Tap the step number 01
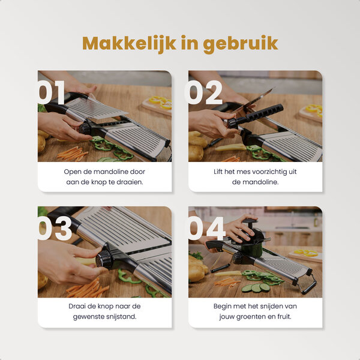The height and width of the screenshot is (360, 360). (52, 93)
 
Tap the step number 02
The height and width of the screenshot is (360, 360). (203, 93)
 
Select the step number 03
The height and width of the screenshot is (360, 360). (55, 229)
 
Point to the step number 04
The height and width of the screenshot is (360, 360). (206, 229)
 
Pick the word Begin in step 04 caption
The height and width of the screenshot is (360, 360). (224, 306)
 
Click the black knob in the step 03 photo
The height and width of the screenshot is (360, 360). (105, 259)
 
